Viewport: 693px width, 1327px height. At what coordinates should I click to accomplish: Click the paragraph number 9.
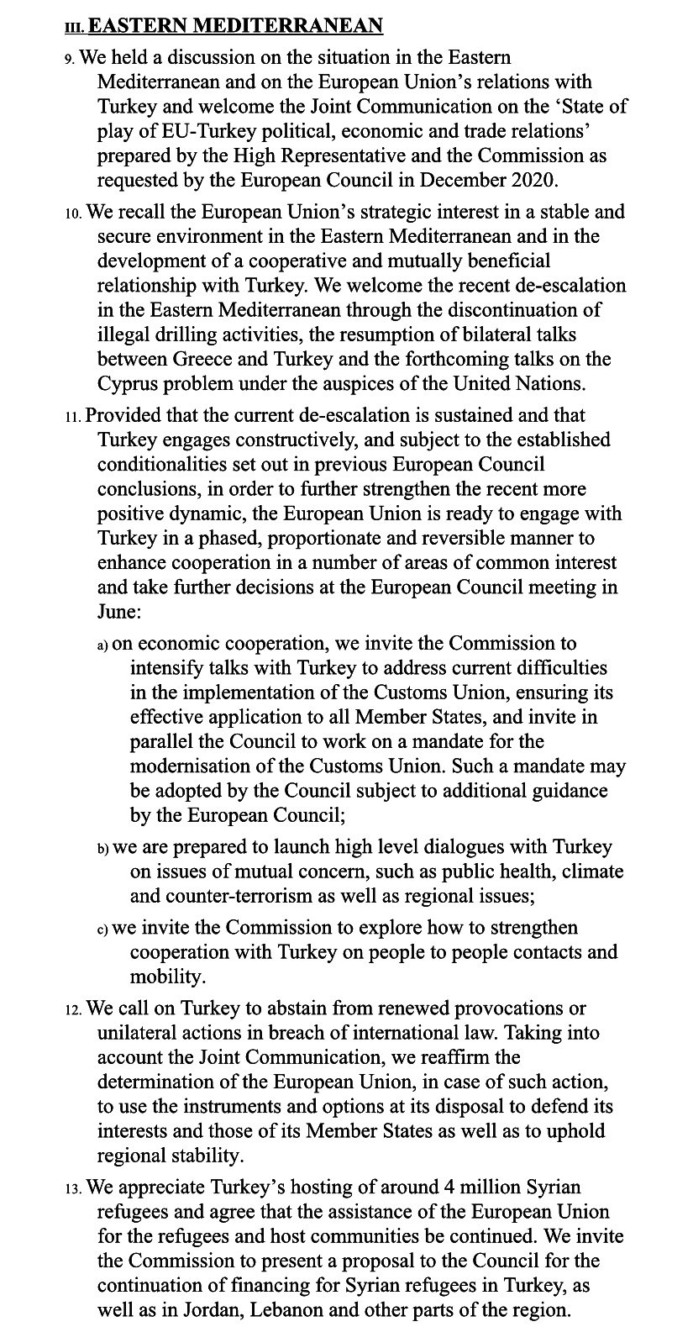70,59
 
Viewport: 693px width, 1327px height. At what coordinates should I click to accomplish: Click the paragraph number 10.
72,214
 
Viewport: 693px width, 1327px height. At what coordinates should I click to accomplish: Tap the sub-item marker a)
102,645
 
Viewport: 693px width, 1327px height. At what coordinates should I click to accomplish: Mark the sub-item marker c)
102,930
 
